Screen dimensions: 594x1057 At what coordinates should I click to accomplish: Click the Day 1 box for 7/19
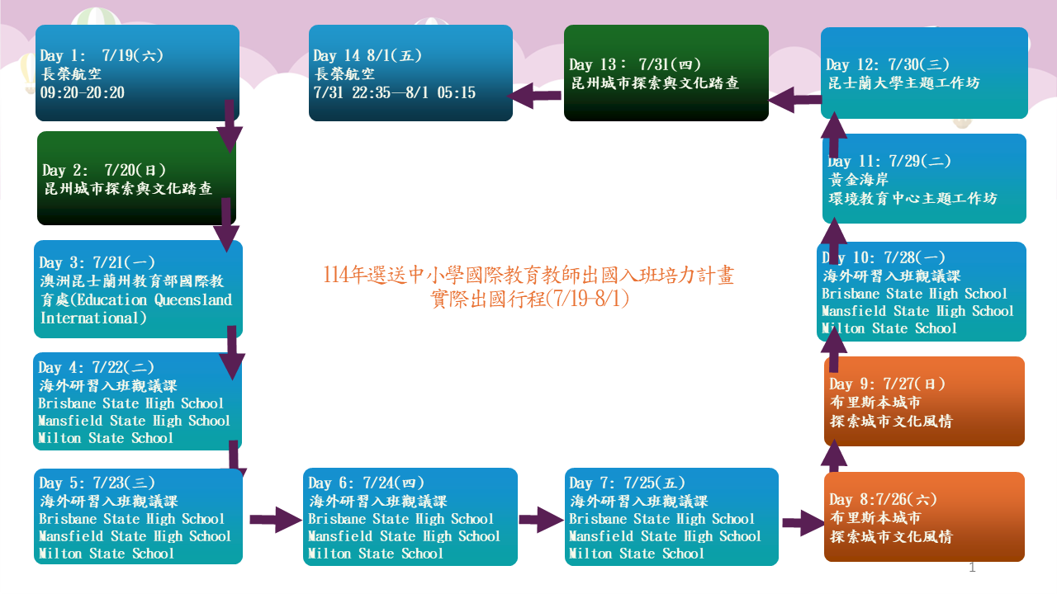[x=137, y=73]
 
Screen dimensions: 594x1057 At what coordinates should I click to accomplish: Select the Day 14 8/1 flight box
[x=410, y=73]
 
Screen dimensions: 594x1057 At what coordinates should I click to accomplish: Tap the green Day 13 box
[x=666, y=73]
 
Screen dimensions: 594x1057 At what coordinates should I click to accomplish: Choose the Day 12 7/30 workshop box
[x=924, y=73]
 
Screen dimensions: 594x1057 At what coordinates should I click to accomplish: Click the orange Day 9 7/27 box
[x=924, y=401]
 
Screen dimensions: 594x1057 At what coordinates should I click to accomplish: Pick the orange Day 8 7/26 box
[x=924, y=516]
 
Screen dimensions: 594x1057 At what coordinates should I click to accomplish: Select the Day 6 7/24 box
[x=410, y=516]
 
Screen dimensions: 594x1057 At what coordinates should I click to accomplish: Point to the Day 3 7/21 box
[x=138, y=289]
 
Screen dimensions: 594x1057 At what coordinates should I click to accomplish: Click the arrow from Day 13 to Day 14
[x=535, y=97]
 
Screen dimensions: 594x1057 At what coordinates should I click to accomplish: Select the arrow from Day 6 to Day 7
[x=541, y=520]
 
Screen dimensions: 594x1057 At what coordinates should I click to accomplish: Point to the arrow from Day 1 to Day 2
[x=228, y=125]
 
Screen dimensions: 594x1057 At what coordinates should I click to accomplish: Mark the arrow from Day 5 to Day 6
[x=276, y=520]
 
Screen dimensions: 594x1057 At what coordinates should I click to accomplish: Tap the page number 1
[x=972, y=568]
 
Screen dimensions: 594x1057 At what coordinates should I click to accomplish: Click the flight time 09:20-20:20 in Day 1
[x=83, y=92]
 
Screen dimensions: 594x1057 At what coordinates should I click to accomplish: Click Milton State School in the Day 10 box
[x=889, y=328]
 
